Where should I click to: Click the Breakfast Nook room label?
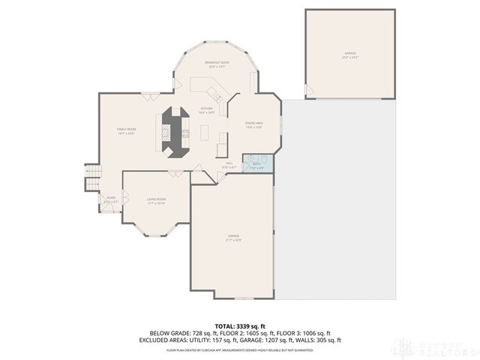217,64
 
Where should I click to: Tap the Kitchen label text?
206,110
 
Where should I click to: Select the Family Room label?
125,131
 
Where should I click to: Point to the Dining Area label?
253,124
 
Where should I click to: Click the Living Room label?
156,201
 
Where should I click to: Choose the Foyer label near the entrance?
110,199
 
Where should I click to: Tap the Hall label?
229,165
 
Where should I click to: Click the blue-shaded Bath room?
257,164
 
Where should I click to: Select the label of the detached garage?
349,55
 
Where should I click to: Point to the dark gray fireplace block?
174,132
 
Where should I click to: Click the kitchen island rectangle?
205,133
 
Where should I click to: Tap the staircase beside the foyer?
93,178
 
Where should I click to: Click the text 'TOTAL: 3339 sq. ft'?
240,325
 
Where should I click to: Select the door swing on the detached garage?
310,90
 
